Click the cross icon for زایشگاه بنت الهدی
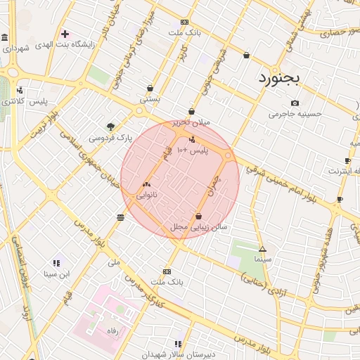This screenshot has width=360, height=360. tap(65, 33)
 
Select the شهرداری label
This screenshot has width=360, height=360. tap(15, 49)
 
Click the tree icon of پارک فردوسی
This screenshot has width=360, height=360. tap(110, 127)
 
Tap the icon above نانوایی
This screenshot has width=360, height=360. tap(146, 184)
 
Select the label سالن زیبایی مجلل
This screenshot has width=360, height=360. tap(198, 228)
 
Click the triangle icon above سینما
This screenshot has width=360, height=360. tap(262, 249)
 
